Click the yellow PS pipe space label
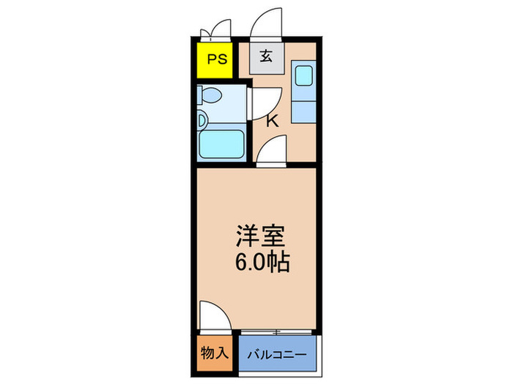click(x=217, y=59)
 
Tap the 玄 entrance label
click(x=267, y=56)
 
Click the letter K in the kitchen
click(x=272, y=121)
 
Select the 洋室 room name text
click(x=261, y=235)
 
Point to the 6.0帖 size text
click(x=262, y=262)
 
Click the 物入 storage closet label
click(x=215, y=353)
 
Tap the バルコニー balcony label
click(x=277, y=354)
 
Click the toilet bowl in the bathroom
click(x=210, y=95)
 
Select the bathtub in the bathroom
click(x=221, y=144)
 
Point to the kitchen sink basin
click(x=304, y=76)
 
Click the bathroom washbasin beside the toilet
click(x=202, y=120)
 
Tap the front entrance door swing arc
click(x=265, y=22)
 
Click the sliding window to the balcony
click(x=276, y=332)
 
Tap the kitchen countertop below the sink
click(x=303, y=112)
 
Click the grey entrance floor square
click(x=267, y=58)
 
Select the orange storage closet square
click(x=215, y=353)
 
